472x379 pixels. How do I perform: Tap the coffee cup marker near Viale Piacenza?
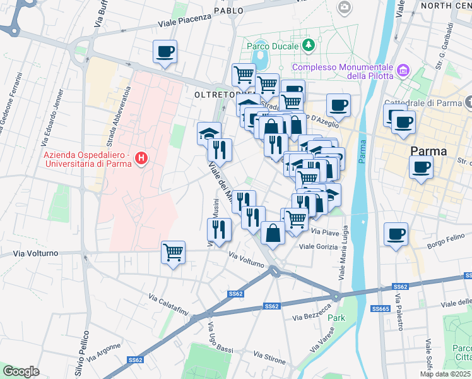[x=165, y=52]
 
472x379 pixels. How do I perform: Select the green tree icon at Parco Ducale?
[x=309, y=45]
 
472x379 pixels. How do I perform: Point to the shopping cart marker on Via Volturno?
[x=173, y=252]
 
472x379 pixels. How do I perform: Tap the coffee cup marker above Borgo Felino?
[x=396, y=234]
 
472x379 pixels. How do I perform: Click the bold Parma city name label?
[x=428, y=152]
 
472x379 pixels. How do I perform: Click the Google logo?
[x=21, y=371]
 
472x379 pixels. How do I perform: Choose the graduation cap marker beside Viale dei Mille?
[x=209, y=133]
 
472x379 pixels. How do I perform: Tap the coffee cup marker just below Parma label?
[x=421, y=167]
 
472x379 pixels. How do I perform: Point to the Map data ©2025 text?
[x=445, y=374]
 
